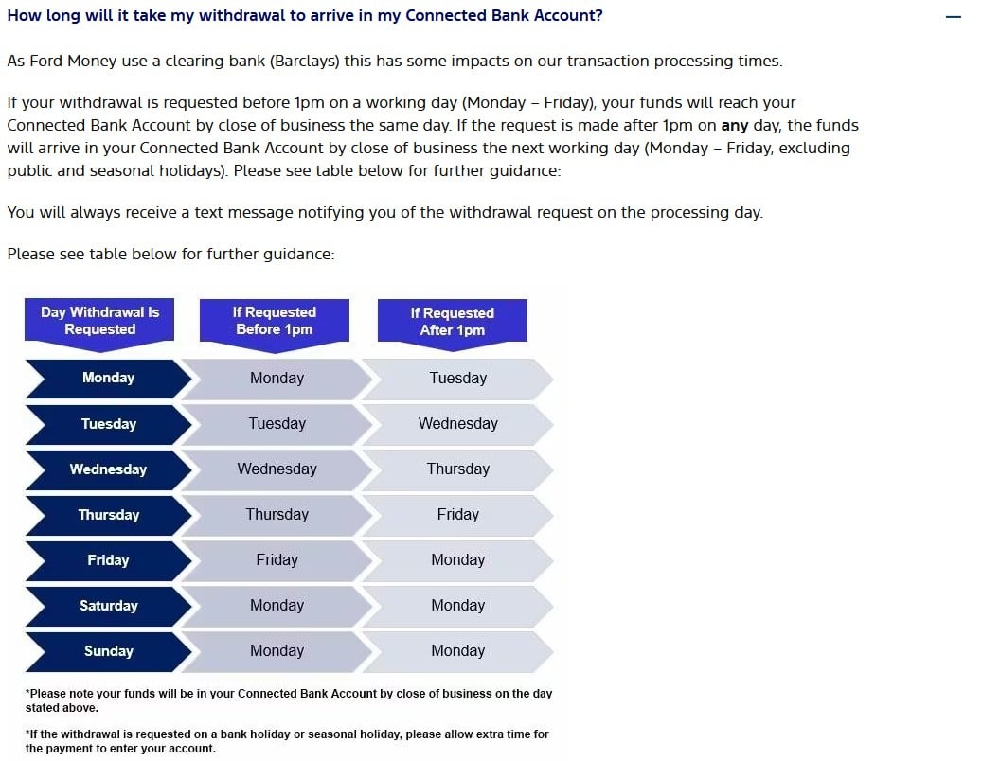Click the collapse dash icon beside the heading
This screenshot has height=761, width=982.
pos(953,18)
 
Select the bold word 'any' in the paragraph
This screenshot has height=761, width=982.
pos(735,125)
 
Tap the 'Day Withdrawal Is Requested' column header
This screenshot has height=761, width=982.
pos(100,321)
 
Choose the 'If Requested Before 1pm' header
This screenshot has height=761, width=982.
pos(275,321)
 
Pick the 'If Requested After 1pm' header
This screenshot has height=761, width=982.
pos(453,322)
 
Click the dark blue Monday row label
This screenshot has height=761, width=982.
pos(108,378)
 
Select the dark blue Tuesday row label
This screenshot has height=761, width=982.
pos(108,424)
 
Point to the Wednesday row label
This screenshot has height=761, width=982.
pos(108,469)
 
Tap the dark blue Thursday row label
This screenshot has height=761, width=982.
pos(108,515)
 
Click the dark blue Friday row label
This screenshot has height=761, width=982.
pos(108,560)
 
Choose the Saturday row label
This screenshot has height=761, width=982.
pos(108,606)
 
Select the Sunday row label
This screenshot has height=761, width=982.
pos(108,651)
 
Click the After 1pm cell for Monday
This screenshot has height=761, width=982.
pos(457,378)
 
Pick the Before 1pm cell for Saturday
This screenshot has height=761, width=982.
pos(277,606)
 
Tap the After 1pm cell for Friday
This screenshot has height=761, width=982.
pos(457,560)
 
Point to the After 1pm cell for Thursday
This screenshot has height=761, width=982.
pos(457,515)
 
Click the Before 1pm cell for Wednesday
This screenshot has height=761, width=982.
pos(277,469)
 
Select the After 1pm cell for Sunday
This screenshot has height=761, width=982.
pos(457,651)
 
